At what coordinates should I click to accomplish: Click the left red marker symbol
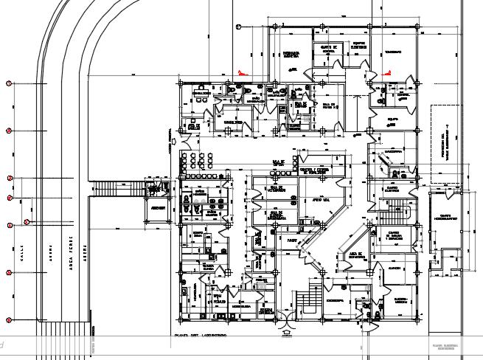pos(240,72)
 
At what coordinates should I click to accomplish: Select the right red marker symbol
pos(387,72)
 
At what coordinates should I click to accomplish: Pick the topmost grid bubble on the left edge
pos(9,83)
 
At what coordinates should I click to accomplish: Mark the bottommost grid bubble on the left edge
pos(9,319)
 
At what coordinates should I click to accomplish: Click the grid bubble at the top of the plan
pos(238,27)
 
